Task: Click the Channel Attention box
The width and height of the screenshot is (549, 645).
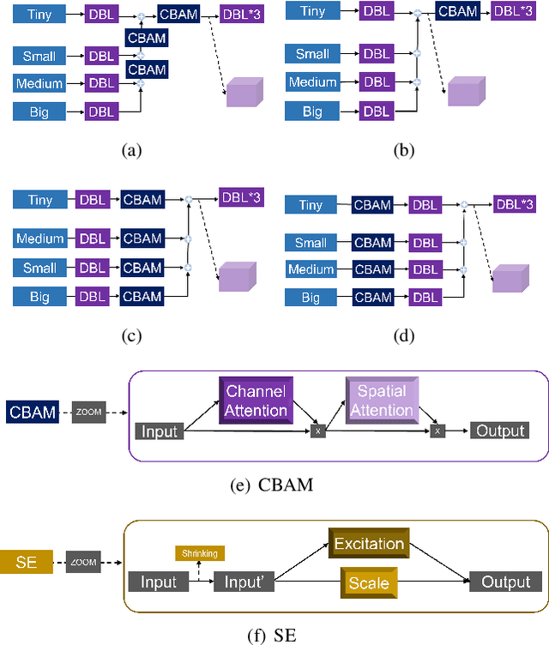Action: tap(256, 401)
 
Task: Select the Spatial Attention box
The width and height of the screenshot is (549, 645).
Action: tap(382, 401)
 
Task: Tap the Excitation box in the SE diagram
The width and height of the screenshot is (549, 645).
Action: tap(368, 544)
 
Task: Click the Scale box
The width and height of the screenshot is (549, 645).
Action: tap(368, 583)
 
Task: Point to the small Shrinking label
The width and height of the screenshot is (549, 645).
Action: tap(199, 553)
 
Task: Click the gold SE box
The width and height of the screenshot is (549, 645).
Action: tap(28, 564)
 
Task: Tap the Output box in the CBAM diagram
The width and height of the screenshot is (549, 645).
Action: tap(499, 431)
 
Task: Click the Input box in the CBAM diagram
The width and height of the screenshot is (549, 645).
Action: tap(160, 431)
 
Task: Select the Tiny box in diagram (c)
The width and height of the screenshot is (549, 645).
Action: tap(39, 200)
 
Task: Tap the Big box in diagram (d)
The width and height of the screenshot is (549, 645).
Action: tap(311, 298)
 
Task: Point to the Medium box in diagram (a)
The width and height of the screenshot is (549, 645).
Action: tap(39, 84)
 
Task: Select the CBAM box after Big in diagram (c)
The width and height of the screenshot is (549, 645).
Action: tap(142, 297)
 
